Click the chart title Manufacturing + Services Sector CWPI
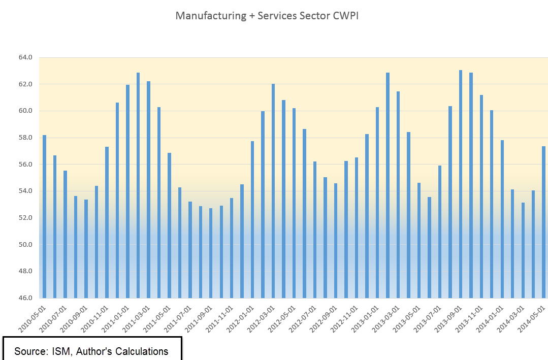point(267,16)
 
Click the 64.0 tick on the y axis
point(25,57)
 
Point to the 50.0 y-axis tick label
point(25,245)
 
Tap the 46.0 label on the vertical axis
point(25,298)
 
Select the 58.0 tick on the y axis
point(25,138)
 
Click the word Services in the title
point(276,16)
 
